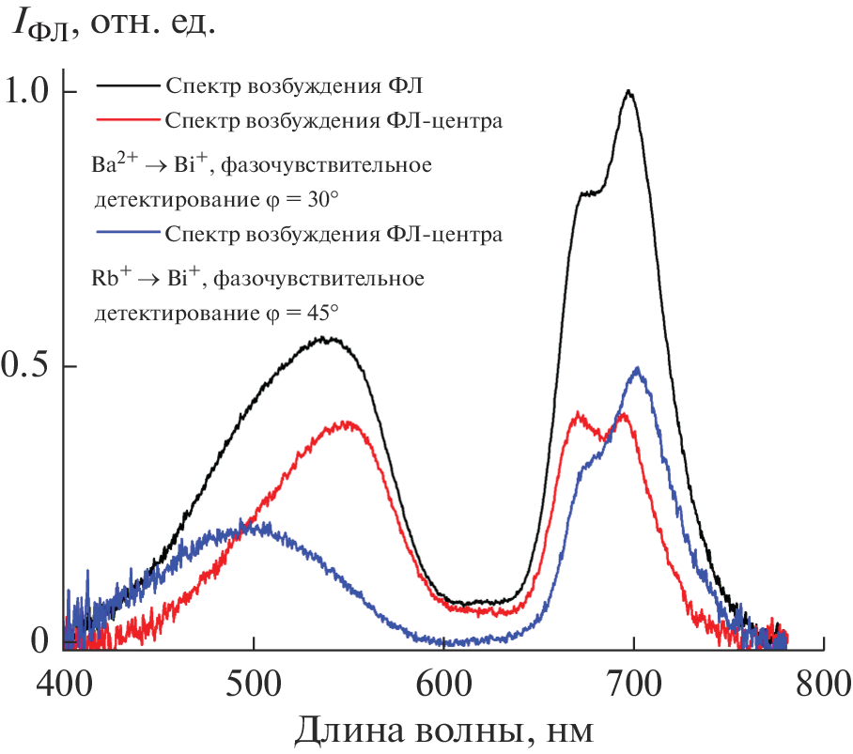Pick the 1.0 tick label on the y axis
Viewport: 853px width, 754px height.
coord(29,92)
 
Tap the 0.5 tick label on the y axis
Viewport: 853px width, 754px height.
coord(29,366)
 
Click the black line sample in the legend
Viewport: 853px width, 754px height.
coord(126,87)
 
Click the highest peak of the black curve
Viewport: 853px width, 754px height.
coord(628,92)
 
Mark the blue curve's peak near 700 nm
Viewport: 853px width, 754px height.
coord(638,368)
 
